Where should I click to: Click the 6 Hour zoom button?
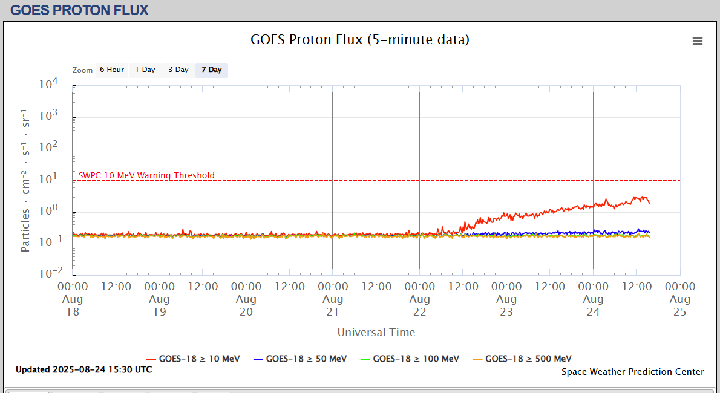coord(112,70)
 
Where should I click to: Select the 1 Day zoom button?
coord(145,70)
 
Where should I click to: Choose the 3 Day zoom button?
coord(178,70)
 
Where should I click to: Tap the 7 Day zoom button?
coord(212,70)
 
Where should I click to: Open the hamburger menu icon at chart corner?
coord(698,41)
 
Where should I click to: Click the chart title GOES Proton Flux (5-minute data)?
coord(360,40)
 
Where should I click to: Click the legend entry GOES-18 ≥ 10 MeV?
coord(194,359)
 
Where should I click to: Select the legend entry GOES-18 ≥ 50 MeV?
coord(300,359)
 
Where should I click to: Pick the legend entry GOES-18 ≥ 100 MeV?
coord(410,359)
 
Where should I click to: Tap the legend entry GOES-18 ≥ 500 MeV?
coord(522,359)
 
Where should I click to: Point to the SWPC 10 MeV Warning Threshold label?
coord(146,175)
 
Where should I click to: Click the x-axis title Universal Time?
coord(376,332)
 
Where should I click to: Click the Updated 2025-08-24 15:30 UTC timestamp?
coord(84,369)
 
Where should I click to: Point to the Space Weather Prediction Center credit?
coord(633,372)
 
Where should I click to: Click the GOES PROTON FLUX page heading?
coord(79,10)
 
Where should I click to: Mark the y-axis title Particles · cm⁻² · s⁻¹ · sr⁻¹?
coord(25,180)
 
